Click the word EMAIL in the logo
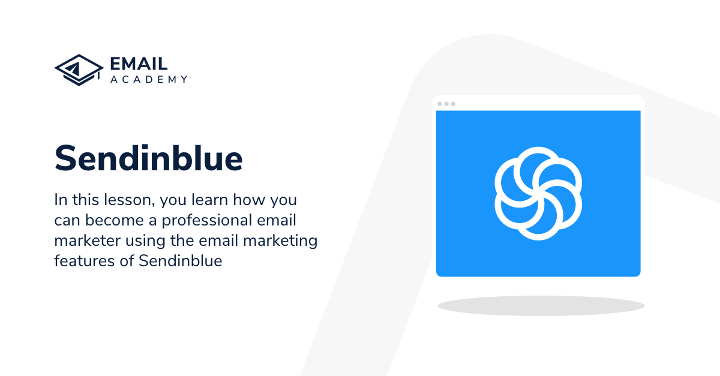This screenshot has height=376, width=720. (139, 64)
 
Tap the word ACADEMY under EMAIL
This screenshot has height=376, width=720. (149, 79)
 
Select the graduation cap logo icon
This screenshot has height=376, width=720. (79, 70)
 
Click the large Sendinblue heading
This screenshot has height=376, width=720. (148, 158)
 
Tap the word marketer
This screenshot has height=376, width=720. (86, 240)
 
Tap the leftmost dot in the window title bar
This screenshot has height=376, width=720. (440, 104)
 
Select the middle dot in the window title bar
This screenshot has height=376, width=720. (446, 104)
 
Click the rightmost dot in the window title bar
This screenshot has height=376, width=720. (453, 104)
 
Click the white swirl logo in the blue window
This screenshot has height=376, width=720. (538, 193)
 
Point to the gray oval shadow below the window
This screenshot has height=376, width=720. (541, 305)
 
